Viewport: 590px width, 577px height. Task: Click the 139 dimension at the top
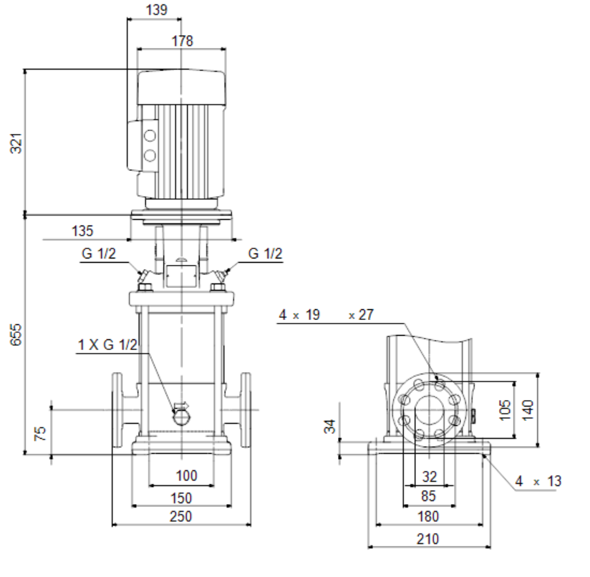coord(157,9)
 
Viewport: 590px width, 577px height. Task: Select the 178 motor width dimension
coord(183,41)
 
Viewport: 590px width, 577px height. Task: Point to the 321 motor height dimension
coord(16,143)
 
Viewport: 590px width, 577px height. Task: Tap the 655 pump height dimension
coord(16,334)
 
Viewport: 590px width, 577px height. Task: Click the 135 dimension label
coord(82,231)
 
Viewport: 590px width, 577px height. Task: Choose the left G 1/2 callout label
coord(99,253)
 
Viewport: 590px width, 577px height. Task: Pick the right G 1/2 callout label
coord(265,253)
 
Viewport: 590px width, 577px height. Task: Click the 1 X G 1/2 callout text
coord(107,344)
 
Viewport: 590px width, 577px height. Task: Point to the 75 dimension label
coord(40,433)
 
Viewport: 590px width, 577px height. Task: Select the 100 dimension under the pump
coord(187,475)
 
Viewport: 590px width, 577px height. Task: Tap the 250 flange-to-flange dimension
coord(181,516)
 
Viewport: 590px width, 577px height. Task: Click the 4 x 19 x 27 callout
coord(327,314)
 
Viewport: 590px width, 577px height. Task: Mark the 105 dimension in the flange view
coord(505,409)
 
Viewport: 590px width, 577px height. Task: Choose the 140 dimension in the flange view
coord(528,409)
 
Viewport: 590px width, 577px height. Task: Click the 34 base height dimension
coord(329,426)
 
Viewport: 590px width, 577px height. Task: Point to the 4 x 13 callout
coord(538,480)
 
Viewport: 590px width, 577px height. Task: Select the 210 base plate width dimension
coord(428,538)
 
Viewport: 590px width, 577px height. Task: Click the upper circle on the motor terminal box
coord(150,135)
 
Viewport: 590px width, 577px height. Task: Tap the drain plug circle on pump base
coord(182,417)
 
